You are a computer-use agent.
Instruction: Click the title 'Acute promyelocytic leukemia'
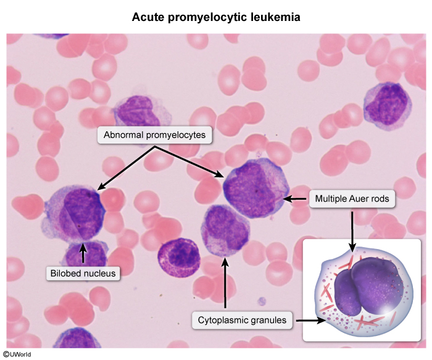216,17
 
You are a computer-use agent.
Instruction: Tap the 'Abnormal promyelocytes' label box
154,135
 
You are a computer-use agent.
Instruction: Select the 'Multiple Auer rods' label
352,198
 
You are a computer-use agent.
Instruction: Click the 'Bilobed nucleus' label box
83,273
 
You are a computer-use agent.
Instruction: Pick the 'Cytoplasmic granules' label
242,320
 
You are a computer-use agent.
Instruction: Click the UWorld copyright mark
17,354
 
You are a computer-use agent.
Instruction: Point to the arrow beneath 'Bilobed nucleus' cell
83,253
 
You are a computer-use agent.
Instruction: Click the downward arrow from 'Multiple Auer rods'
352,231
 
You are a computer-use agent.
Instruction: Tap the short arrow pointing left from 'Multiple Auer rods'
295,198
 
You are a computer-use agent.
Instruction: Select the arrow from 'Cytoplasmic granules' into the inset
310,321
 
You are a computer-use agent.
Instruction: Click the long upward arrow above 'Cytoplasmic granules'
225,283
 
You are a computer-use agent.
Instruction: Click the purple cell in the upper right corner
388,106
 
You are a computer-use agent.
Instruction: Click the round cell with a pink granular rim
179,257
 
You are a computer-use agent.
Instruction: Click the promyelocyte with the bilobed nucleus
75,215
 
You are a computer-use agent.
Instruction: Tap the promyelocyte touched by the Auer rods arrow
255,189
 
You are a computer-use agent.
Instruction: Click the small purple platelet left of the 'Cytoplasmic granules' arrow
262,301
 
